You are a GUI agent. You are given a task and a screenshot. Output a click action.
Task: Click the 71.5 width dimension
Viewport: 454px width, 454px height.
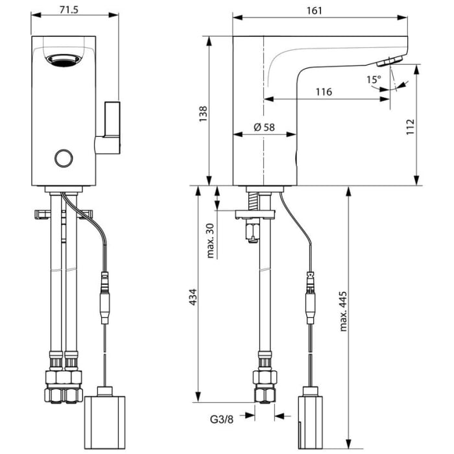75,10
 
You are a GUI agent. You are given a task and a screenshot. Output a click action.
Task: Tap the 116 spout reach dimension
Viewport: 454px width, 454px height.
324,91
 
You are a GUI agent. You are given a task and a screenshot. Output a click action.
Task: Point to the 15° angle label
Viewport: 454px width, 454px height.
374,80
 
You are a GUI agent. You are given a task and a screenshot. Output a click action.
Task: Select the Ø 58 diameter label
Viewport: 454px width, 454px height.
265,127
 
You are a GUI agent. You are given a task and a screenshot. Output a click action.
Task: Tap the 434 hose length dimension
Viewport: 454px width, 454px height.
193,296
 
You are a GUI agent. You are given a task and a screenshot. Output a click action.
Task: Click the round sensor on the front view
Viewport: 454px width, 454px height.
64,158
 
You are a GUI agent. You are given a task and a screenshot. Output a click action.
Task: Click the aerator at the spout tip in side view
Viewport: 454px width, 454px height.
388,61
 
